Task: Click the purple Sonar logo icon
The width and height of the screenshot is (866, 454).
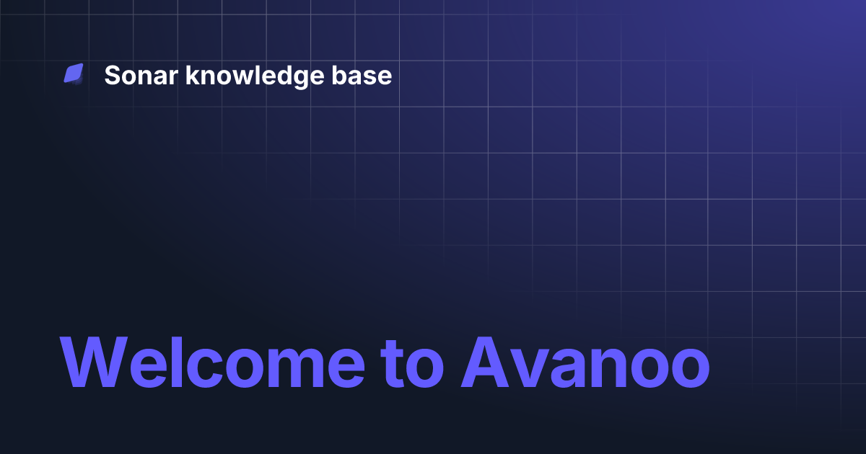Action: [74, 74]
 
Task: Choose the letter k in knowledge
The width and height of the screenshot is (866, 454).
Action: [191, 75]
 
